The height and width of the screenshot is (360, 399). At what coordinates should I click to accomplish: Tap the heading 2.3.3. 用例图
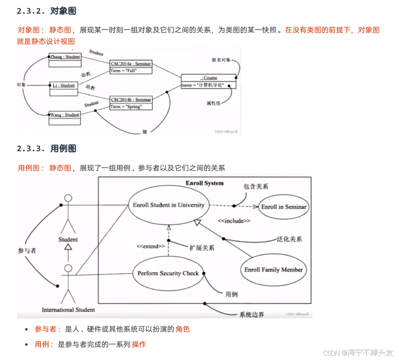coord(46,148)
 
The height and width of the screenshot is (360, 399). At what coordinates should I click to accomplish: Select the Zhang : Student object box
coord(65,60)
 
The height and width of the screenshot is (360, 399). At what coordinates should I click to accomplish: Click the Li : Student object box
coord(65,88)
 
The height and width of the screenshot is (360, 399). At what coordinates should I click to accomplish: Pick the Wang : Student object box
coord(65,118)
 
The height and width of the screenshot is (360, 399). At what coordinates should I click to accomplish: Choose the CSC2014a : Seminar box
coord(131,67)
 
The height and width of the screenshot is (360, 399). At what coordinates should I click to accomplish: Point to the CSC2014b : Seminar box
coord(131,102)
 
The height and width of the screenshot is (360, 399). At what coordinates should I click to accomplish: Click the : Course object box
coord(209,82)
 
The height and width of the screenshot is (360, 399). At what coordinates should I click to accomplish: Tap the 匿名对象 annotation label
coord(222,59)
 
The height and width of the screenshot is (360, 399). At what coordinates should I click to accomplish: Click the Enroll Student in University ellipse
coord(168,205)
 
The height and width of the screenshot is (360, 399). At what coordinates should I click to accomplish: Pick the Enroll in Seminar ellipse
coord(284,207)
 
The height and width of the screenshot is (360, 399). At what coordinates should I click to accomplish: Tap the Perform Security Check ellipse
coord(168,273)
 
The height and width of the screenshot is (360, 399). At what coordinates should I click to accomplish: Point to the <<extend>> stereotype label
coord(151,247)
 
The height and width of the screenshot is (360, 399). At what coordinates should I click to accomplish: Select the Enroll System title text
coord(205,183)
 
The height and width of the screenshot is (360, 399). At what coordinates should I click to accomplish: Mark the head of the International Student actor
coord(68,268)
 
